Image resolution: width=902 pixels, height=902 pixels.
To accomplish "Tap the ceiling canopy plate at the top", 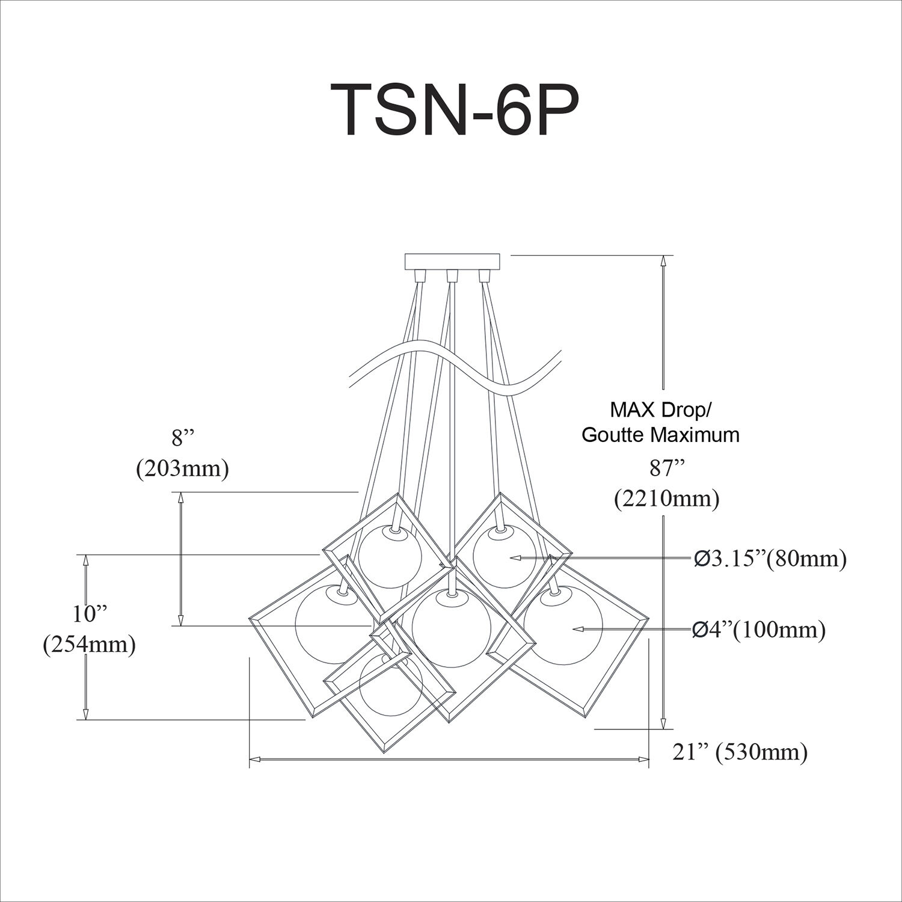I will click(452, 262).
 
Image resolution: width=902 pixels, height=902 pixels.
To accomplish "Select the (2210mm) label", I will click(666, 500).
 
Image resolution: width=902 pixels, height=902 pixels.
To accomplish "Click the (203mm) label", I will click(182, 468).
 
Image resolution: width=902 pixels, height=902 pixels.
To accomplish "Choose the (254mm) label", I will click(89, 645).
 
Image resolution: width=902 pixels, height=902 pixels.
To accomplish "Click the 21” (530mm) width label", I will click(740, 752).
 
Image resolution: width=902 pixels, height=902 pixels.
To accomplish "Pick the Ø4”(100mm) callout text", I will click(758, 630).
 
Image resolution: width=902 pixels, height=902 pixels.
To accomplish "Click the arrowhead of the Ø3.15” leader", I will click(515, 558).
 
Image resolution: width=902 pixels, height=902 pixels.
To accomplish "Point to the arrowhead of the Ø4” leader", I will click(577, 629).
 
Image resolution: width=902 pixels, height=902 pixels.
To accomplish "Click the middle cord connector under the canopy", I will click(452, 276).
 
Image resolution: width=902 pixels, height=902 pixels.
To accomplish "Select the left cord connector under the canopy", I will click(420, 276).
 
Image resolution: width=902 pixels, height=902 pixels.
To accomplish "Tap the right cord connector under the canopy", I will click(484, 276).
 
